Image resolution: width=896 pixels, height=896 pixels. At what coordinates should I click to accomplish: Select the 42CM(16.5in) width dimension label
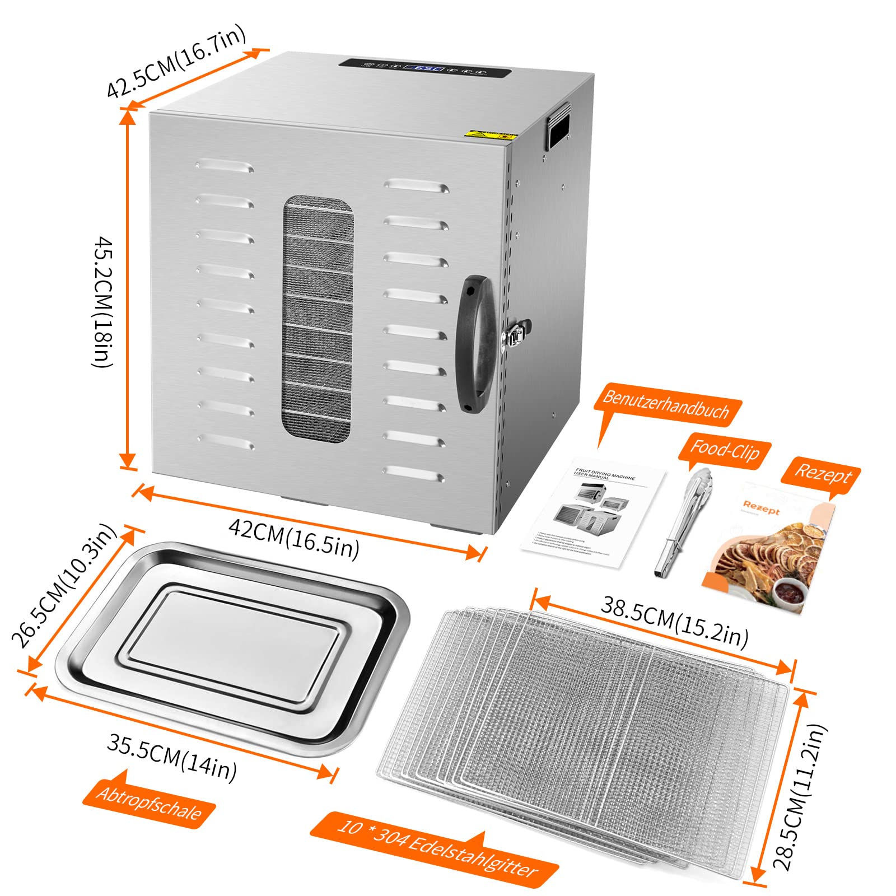(293, 538)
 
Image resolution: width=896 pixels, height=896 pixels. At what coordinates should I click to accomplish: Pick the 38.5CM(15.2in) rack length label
(674, 622)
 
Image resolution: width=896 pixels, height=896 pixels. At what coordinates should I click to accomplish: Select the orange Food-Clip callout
(725, 450)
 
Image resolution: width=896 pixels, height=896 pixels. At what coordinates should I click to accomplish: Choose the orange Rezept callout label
(823, 475)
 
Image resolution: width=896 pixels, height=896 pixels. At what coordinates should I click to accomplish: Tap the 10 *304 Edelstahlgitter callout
(437, 848)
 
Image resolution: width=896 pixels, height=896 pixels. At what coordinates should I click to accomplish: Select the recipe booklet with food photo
(769, 549)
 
